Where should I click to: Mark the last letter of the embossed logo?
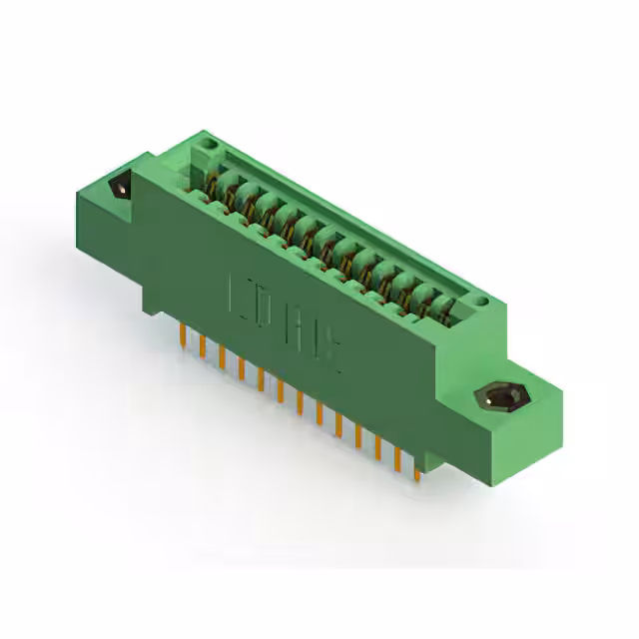click(x=333, y=351)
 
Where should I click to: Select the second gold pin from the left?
click(x=203, y=345)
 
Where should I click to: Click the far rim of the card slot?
click(x=349, y=216)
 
